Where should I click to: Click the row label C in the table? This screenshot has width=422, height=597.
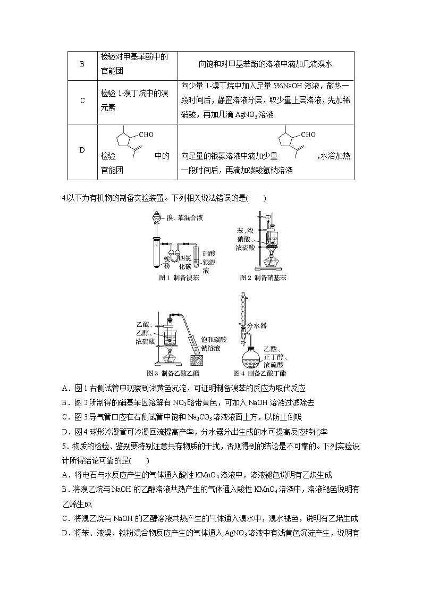point(82,100)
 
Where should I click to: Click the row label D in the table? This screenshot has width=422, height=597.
point(82,150)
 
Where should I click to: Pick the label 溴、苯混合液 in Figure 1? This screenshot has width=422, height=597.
point(184,218)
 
